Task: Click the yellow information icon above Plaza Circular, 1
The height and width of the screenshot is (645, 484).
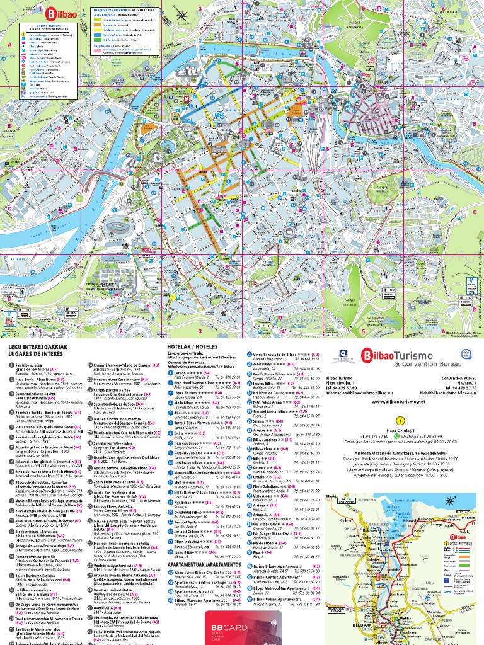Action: (x=398, y=420)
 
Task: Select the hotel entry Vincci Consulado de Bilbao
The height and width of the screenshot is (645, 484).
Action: (x=280, y=355)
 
